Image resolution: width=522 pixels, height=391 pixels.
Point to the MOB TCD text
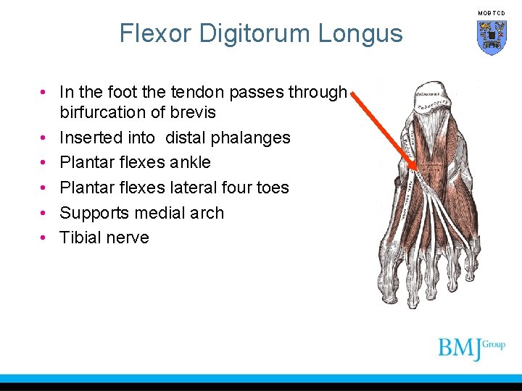(x=492, y=14)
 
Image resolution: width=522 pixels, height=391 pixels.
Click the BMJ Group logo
(x=471, y=348)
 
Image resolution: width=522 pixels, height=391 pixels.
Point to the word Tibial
(x=80, y=237)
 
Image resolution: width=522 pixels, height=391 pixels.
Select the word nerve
(x=128, y=237)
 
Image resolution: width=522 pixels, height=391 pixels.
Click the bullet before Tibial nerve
(x=44, y=237)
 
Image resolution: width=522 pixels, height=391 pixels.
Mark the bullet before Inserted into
(x=44, y=138)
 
